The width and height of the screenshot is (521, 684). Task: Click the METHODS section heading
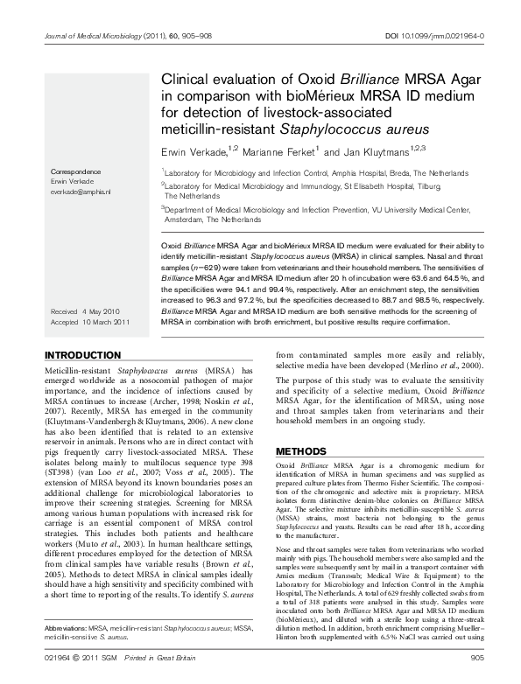(x=301, y=451)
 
